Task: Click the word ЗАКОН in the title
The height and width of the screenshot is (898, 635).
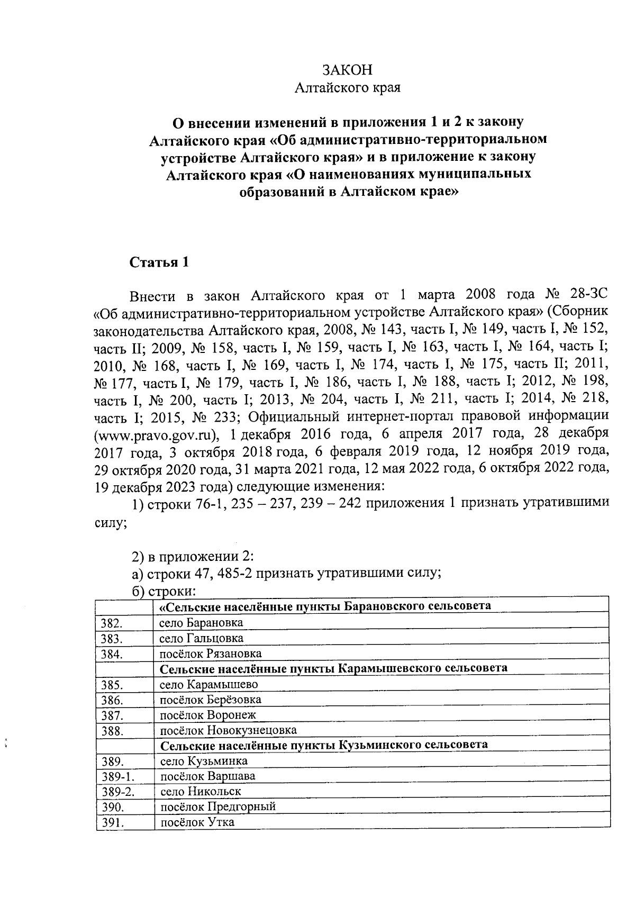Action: tap(348, 70)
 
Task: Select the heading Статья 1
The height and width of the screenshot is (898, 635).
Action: tap(159, 262)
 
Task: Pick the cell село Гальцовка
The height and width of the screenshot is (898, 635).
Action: tap(202, 638)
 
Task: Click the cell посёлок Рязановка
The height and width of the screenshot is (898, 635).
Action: tap(211, 654)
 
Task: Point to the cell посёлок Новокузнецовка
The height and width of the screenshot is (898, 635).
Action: tap(228, 731)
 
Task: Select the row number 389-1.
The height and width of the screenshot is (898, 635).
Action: tap(116, 777)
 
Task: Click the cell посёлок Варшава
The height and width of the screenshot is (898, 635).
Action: tap(208, 777)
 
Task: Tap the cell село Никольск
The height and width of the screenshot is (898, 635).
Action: tap(201, 792)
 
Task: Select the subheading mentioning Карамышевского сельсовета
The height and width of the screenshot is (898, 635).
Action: tap(334, 668)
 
